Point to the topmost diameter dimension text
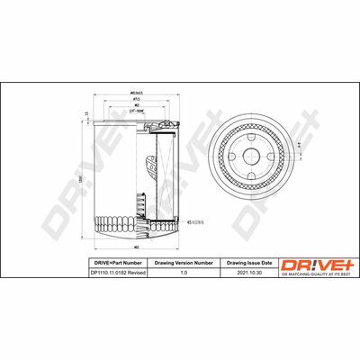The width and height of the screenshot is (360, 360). [137, 92]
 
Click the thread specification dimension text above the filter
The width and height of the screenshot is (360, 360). [138, 112]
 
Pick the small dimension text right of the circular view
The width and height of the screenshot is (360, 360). [301, 141]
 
